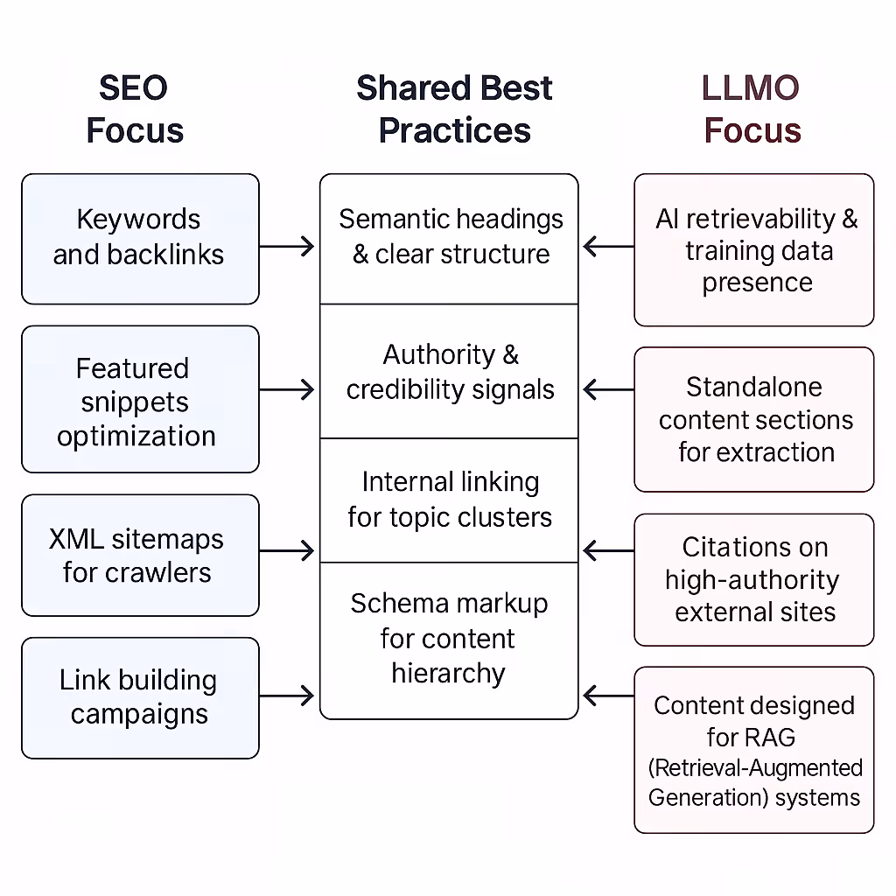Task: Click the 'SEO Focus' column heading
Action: [x=135, y=109]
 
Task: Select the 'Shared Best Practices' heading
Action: [x=454, y=109]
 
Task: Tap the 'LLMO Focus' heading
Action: [x=752, y=109]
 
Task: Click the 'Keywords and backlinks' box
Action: [x=140, y=238]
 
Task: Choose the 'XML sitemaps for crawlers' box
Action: [x=140, y=555]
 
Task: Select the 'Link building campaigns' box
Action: [x=140, y=696]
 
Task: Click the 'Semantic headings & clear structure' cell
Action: [x=449, y=237]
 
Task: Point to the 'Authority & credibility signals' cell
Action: [x=449, y=372]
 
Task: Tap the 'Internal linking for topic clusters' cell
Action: [x=449, y=500]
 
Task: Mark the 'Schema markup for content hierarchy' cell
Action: [x=449, y=639]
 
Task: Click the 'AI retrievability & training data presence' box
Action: [x=754, y=250]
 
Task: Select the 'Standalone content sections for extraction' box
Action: [x=754, y=419]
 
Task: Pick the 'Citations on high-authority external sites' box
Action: [x=754, y=579]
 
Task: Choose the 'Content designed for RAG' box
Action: [x=754, y=749]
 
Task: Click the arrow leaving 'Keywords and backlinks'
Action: [x=287, y=247]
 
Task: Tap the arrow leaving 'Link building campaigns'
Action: [x=287, y=696]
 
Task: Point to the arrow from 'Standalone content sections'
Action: [x=608, y=389]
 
